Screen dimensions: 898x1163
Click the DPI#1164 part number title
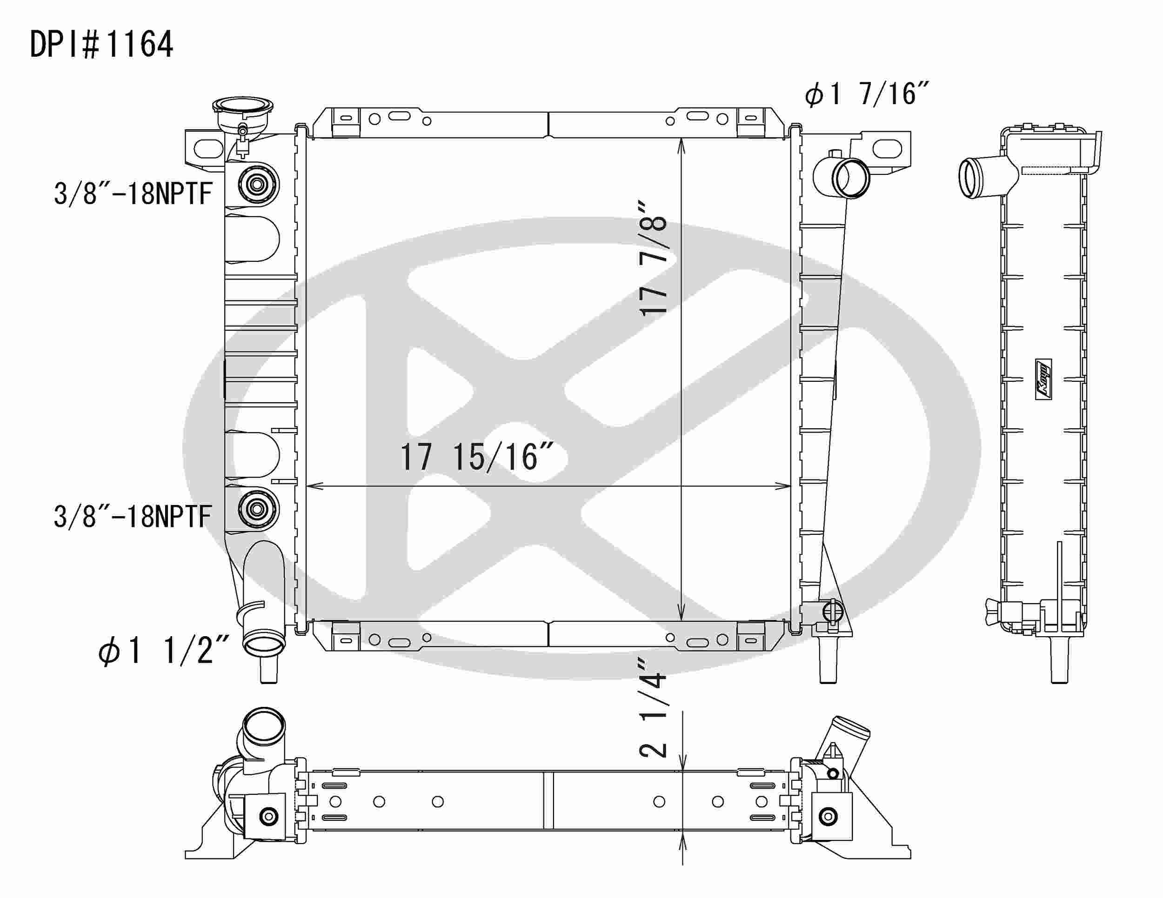tap(101, 44)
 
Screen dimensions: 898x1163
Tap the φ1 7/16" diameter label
tap(867, 95)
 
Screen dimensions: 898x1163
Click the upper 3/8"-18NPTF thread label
tap(133, 193)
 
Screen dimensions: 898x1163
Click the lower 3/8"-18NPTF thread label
tap(133, 516)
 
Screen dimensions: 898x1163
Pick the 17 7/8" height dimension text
tap(653, 259)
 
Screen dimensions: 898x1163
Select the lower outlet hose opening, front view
tap(263, 647)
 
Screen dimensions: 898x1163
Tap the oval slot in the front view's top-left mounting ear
tap(208, 148)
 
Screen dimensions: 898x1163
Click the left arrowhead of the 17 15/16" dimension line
tap(312, 486)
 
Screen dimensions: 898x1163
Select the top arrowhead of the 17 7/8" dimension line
tap(682, 144)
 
